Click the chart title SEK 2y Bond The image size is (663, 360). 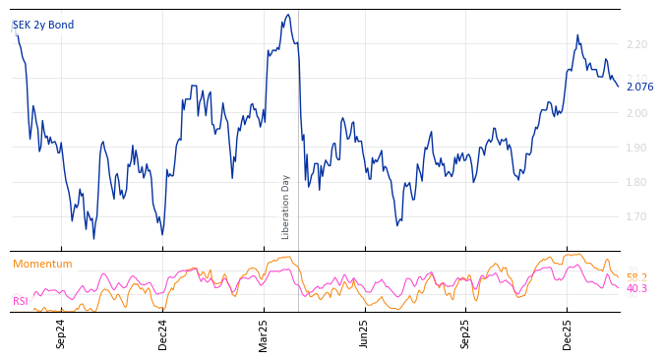coord(43,26)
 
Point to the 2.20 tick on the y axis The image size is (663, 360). coord(636,45)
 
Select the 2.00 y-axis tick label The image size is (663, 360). coord(636,114)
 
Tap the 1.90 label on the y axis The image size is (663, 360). coord(636,149)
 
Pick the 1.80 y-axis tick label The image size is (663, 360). coord(636,183)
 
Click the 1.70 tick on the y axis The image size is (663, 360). coord(636,217)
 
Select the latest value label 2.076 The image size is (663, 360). coord(639,87)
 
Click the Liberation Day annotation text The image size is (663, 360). coord(286,207)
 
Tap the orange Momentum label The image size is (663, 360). coord(42,264)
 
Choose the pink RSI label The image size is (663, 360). coord(20,301)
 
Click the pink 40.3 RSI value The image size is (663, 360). coord(636,289)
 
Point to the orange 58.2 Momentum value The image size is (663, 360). coord(636,277)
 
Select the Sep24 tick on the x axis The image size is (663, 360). coord(61,333)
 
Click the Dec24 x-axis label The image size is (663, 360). coord(163,333)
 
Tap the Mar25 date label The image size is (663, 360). coord(264,333)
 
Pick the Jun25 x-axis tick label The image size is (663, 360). coord(365,333)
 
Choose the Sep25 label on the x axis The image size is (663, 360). coord(466,333)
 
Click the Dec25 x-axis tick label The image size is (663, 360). coord(568,333)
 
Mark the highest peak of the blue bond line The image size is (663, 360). coord(287,15)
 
